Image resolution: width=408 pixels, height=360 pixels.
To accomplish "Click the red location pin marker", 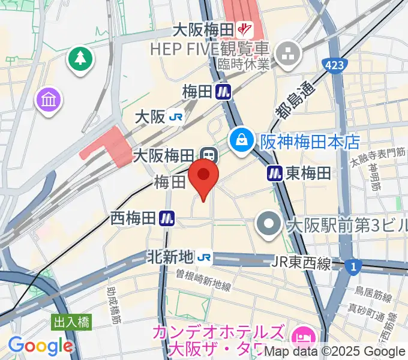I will [x=203, y=176].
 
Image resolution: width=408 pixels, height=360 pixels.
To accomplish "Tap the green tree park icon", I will [x=79, y=59].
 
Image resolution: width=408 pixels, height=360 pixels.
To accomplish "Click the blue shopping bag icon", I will [x=241, y=140].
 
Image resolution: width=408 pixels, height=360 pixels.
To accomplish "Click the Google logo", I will [x=40, y=346].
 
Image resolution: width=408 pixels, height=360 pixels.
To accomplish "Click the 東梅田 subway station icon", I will [x=275, y=173].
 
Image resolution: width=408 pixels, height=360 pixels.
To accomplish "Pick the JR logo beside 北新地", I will [x=205, y=257].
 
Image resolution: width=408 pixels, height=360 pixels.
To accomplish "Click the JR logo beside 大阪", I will [x=175, y=117].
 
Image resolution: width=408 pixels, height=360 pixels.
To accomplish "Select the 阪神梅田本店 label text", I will [x=310, y=142].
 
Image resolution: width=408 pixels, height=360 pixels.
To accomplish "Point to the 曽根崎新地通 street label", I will [x=203, y=281].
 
